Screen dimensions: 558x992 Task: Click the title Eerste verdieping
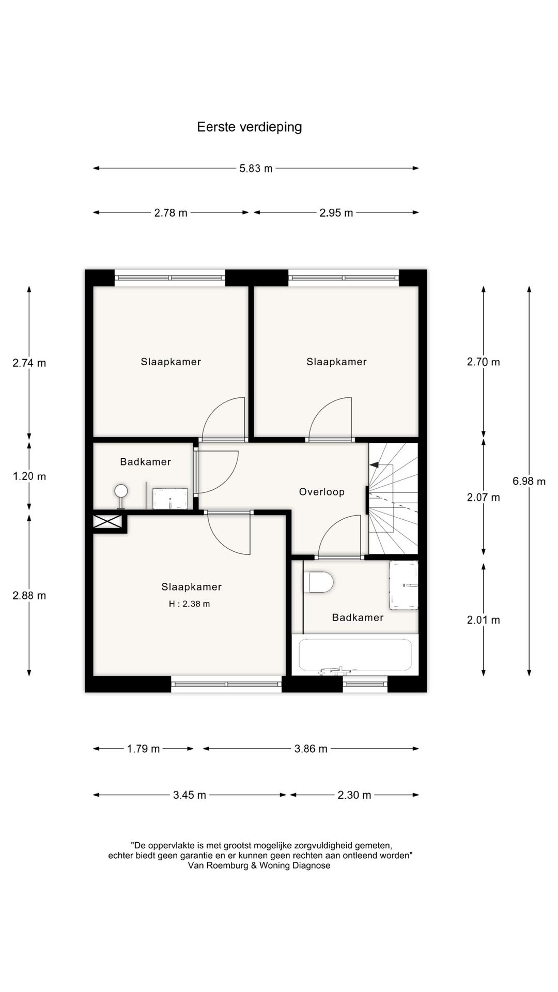(249, 127)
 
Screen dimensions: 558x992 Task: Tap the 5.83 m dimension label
(256, 168)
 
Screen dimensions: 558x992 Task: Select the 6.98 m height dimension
(529, 481)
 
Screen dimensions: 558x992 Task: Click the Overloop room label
(321, 492)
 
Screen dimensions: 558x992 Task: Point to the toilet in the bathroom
(319, 582)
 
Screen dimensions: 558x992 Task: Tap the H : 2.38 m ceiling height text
(189, 604)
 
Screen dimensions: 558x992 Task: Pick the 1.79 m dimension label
(143, 749)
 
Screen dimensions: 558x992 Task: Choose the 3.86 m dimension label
(311, 749)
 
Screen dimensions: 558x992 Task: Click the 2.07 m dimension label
(483, 498)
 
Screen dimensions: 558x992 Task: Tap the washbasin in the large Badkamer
(404, 585)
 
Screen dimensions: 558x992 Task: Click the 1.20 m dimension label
(29, 476)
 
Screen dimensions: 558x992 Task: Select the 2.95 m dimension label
(336, 213)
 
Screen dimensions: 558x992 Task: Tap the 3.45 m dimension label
(190, 795)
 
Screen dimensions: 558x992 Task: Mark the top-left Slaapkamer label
(171, 362)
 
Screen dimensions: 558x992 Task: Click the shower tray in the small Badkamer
(170, 498)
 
